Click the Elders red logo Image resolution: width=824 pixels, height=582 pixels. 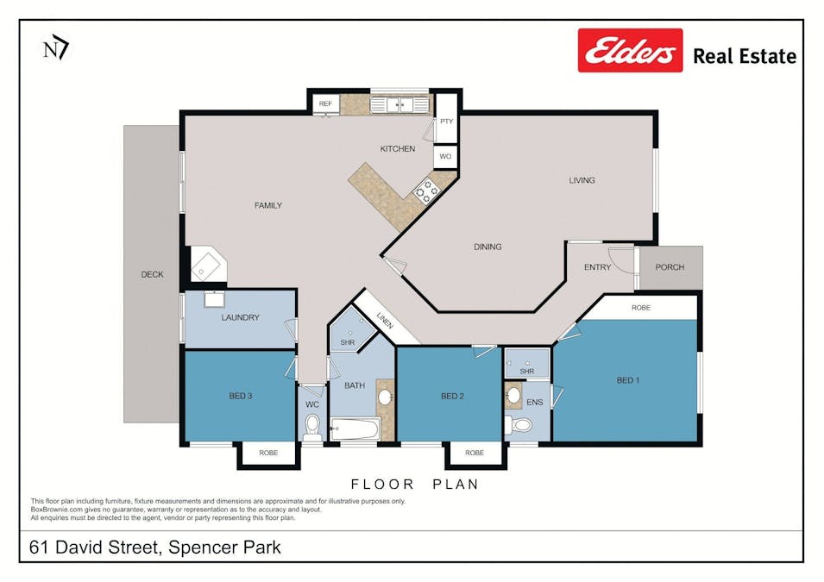[630, 50]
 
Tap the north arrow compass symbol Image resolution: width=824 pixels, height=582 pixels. [56, 47]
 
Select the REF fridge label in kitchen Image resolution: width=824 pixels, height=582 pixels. [325, 103]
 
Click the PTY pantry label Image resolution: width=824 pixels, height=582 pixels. [446, 122]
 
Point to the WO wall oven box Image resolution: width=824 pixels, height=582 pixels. [445, 157]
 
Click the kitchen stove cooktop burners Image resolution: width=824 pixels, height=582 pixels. [425, 191]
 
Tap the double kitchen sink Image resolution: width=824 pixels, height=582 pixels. [399, 104]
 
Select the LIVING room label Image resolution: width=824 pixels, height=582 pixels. [582, 180]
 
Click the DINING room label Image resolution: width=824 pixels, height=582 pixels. [487, 247]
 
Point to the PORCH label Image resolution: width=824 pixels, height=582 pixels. [670, 267]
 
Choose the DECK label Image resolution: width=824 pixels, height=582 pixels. [152, 275]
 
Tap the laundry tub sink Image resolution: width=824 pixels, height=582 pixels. [213, 299]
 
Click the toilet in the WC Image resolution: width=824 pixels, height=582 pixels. [312, 426]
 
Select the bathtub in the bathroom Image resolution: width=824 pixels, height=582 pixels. [354, 428]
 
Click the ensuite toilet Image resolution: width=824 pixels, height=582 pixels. [522, 425]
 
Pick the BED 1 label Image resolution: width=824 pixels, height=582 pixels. [628, 380]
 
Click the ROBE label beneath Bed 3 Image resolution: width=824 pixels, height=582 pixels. [268, 453]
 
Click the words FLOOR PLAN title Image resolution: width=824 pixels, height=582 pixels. [414, 485]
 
